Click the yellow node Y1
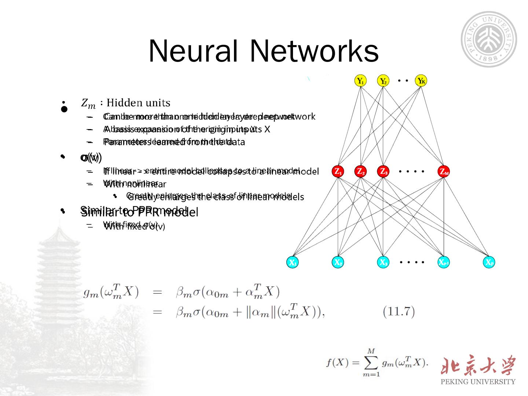361,81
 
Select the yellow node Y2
383,81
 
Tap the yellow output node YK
421,81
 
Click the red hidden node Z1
338,171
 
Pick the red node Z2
361,171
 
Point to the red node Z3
383,171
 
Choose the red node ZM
444,171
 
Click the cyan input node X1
292,262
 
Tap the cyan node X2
338,262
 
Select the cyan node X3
383,262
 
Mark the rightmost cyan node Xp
489,262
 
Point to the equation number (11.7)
399,312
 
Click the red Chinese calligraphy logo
478,366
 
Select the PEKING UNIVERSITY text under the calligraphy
478,382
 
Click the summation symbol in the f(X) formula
371,363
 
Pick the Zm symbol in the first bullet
88,103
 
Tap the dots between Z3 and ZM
412,171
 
